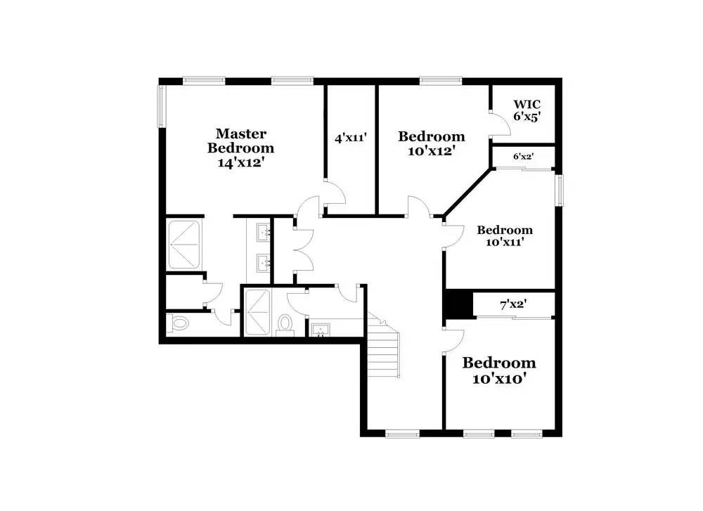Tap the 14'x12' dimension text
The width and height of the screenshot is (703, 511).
240,162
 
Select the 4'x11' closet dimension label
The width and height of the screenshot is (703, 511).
351,138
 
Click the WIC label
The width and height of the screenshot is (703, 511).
527,104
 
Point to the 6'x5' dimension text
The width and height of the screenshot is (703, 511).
527,117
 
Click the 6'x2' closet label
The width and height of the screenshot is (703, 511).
524,157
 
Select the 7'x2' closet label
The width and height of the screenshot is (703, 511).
514,305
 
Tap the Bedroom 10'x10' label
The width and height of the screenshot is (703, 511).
498,370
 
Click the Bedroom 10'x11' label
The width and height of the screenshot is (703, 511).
504,235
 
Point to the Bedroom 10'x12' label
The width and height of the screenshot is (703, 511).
431,143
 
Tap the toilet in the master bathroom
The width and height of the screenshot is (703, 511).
180,324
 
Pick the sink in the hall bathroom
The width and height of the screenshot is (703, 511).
321,329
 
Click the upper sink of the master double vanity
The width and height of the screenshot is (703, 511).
264,231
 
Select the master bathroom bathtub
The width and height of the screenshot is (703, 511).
186,244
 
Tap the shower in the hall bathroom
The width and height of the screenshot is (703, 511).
257,310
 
